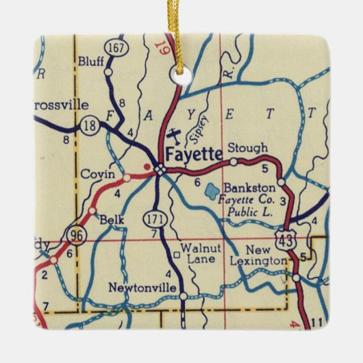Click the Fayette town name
pos(194,154)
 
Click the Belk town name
pos(110,220)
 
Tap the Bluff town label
pos(90,60)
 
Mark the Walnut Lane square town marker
pos(177,255)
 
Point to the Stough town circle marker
pos(234,162)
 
